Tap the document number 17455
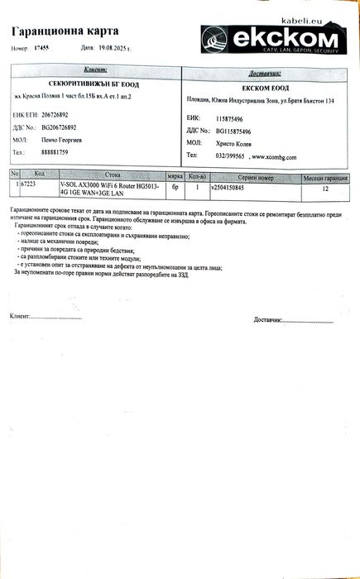coord(41,48)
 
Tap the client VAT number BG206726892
coord(60,127)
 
